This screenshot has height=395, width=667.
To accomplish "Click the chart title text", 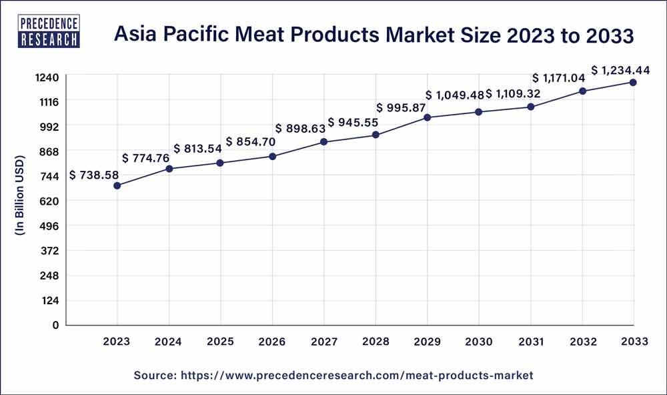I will point(374,35).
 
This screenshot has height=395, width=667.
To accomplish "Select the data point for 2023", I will point(117,185).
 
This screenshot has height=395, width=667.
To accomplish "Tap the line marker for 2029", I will point(428,117).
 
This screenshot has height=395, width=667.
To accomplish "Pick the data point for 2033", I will point(633,83).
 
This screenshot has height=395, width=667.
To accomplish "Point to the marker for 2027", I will point(324,142).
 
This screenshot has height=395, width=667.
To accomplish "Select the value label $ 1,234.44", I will point(621,69).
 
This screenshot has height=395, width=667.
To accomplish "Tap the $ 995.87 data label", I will point(402,108).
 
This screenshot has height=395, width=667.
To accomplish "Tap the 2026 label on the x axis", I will point(272,342).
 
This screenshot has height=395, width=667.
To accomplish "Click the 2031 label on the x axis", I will point(530,342).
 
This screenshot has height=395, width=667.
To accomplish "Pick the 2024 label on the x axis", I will point(169,342).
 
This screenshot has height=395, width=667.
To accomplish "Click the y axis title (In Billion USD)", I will point(20,195).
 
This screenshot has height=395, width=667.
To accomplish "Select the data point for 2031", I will point(531,107).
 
